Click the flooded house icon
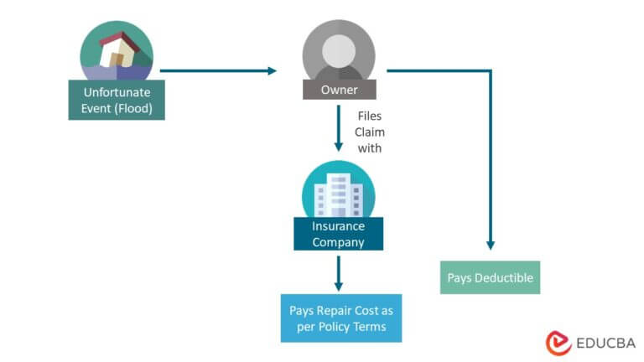(x=117, y=50)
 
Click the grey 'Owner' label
(x=339, y=90)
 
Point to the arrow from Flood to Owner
(x=218, y=70)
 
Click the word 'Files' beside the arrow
(x=369, y=116)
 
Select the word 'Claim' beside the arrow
(x=369, y=132)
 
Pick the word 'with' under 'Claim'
(x=369, y=148)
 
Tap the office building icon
(x=338, y=193)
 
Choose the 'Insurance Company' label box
(x=338, y=234)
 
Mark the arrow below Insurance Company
(x=338, y=272)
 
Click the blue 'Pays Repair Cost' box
(x=341, y=318)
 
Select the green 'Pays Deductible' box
(x=490, y=277)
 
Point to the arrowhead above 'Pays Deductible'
(x=491, y=245)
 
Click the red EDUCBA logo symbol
(x=558, y=343)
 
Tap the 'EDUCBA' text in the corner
(x=605, y=343)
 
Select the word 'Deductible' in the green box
(x=504, y=277)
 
